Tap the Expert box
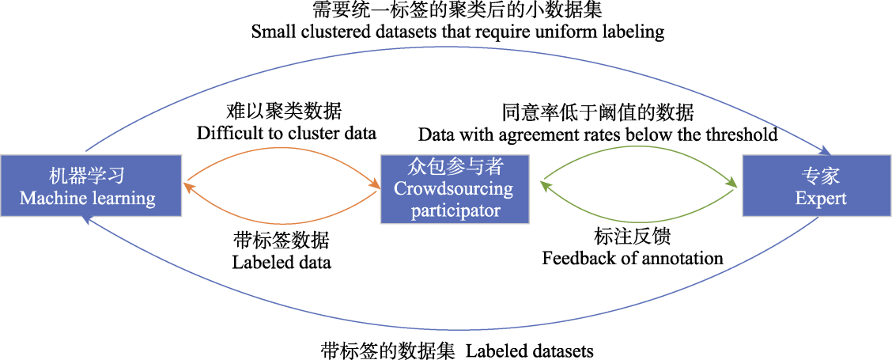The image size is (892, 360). (818, 184)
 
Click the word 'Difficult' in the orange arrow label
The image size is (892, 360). (224, 134)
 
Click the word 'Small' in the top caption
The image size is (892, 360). (270, 32)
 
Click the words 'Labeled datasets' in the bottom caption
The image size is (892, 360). (530, 349)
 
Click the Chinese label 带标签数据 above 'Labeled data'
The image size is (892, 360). (281, 241)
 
